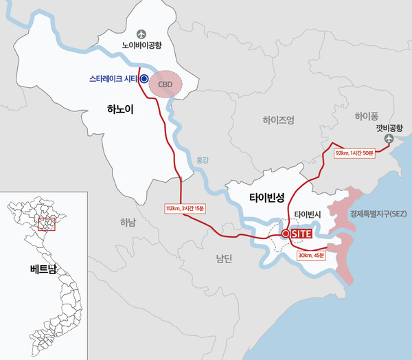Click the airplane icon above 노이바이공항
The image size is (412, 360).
[142, 33]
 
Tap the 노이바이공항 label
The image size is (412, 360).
[142, 47]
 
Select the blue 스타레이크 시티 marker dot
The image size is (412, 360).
[144, 79]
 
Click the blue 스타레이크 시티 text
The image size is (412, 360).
[113, 79]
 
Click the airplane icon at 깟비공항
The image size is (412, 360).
[390, 139]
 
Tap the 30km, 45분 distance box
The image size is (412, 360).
[311, 256]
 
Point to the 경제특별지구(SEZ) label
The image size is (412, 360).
[378, 214]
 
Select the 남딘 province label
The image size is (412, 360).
[225, 258]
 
